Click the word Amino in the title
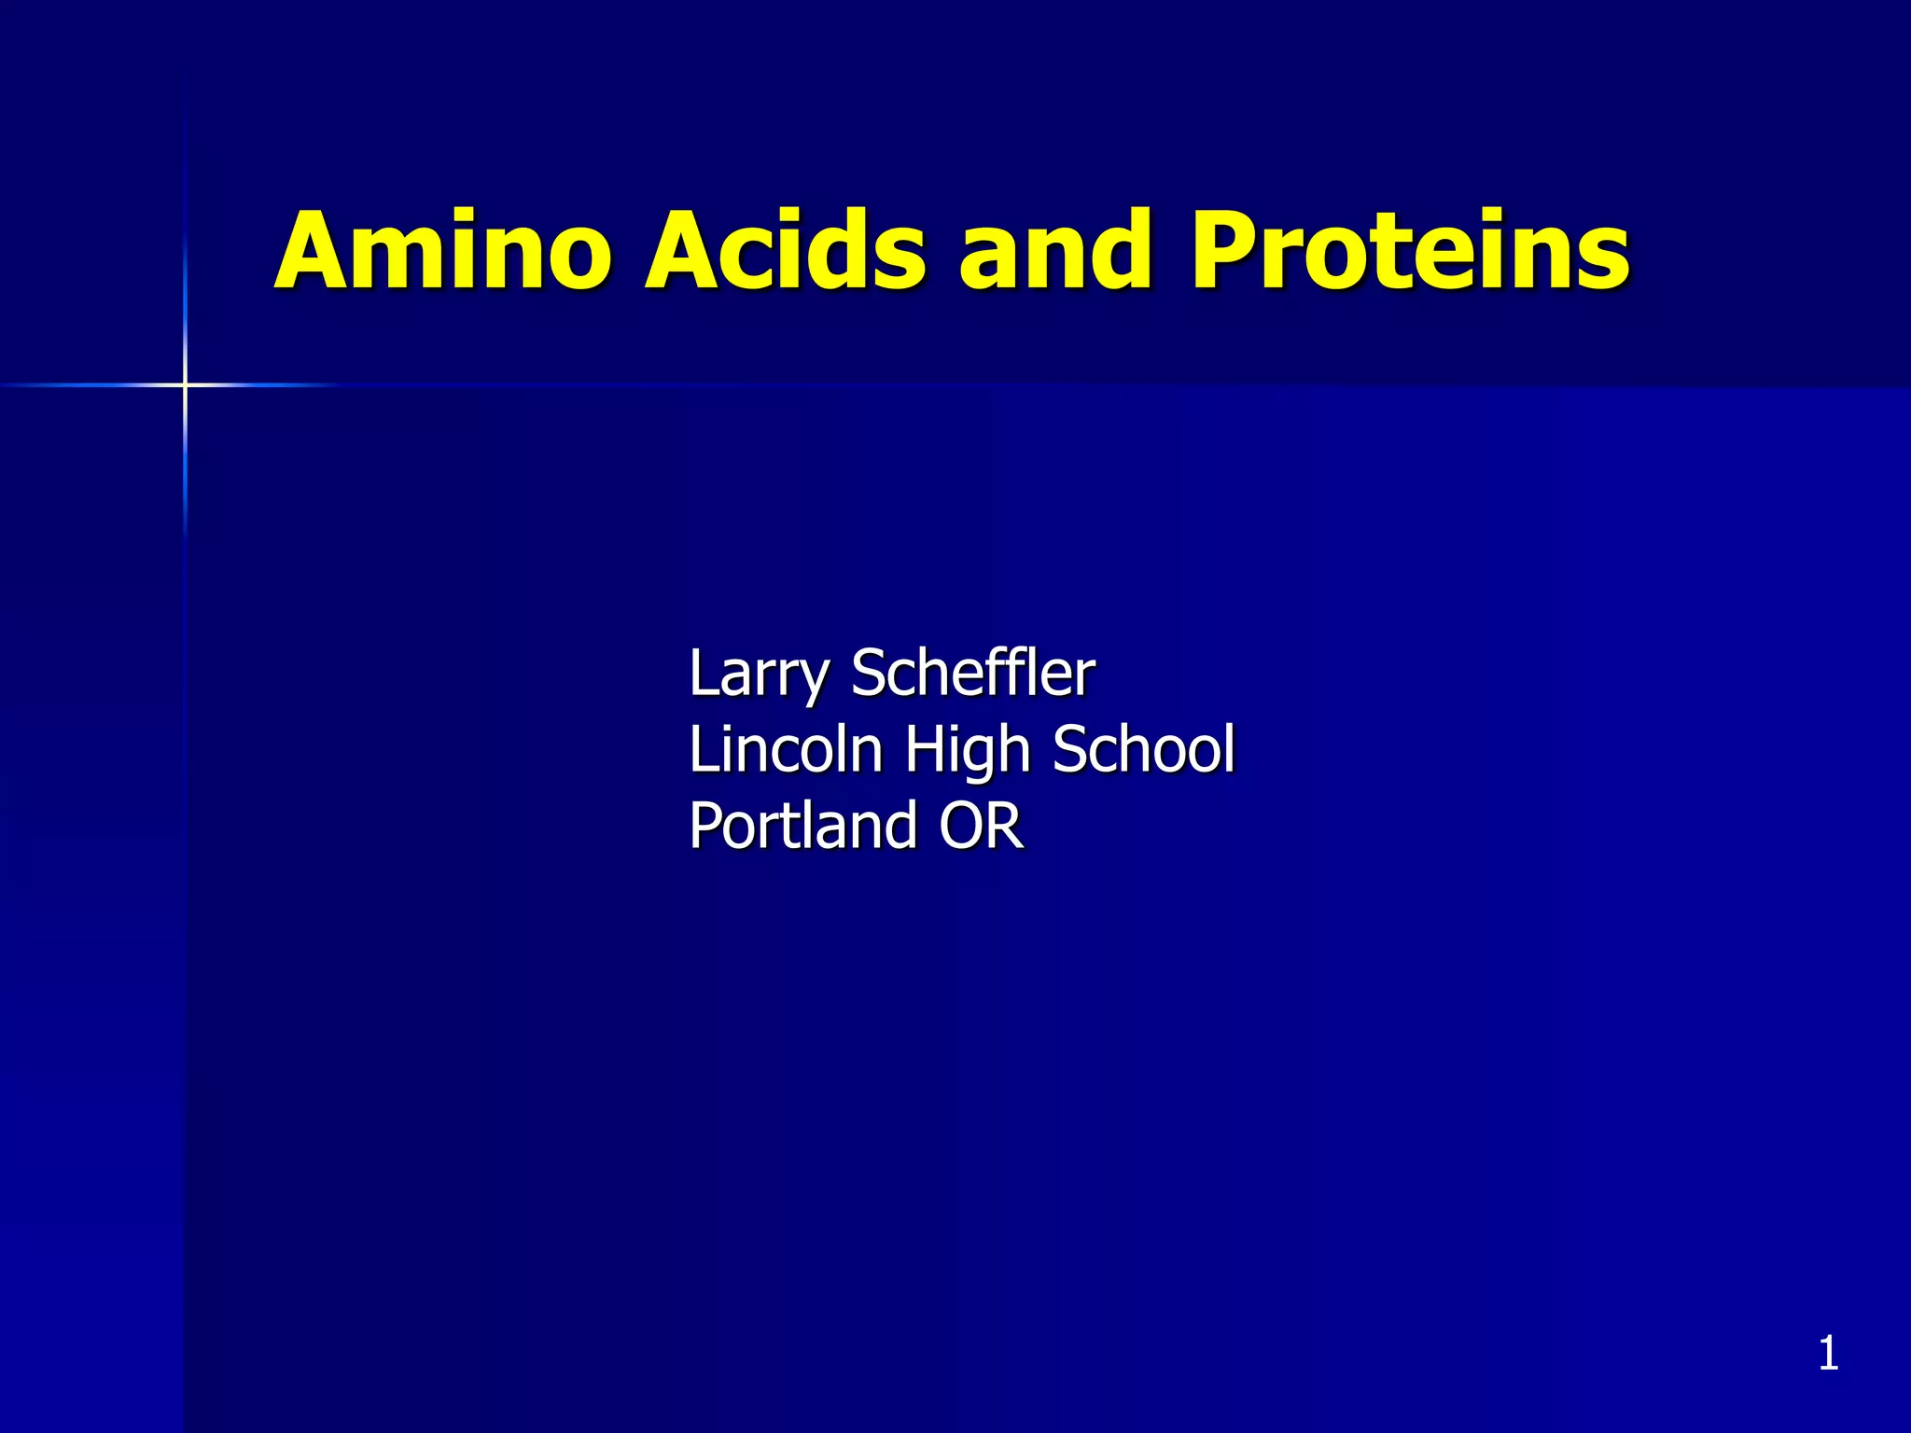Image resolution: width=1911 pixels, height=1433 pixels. pyautogui.click(x=443, y=252)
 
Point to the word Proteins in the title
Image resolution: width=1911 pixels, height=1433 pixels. pyautogui.click(x=1410, y=252)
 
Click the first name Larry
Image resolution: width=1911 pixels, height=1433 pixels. pyautogui.click(x=758, y=674)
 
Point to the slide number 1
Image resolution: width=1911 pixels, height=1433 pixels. pyautogui.click(x=1828, y=1354)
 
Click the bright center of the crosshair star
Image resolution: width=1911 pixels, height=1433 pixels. pyautogui.click(x=185, y=384)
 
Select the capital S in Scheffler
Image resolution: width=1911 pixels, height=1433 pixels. pyautogui.click(x=872, y=674)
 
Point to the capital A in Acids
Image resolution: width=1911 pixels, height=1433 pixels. pyautogui.click(x=681, y=252)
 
